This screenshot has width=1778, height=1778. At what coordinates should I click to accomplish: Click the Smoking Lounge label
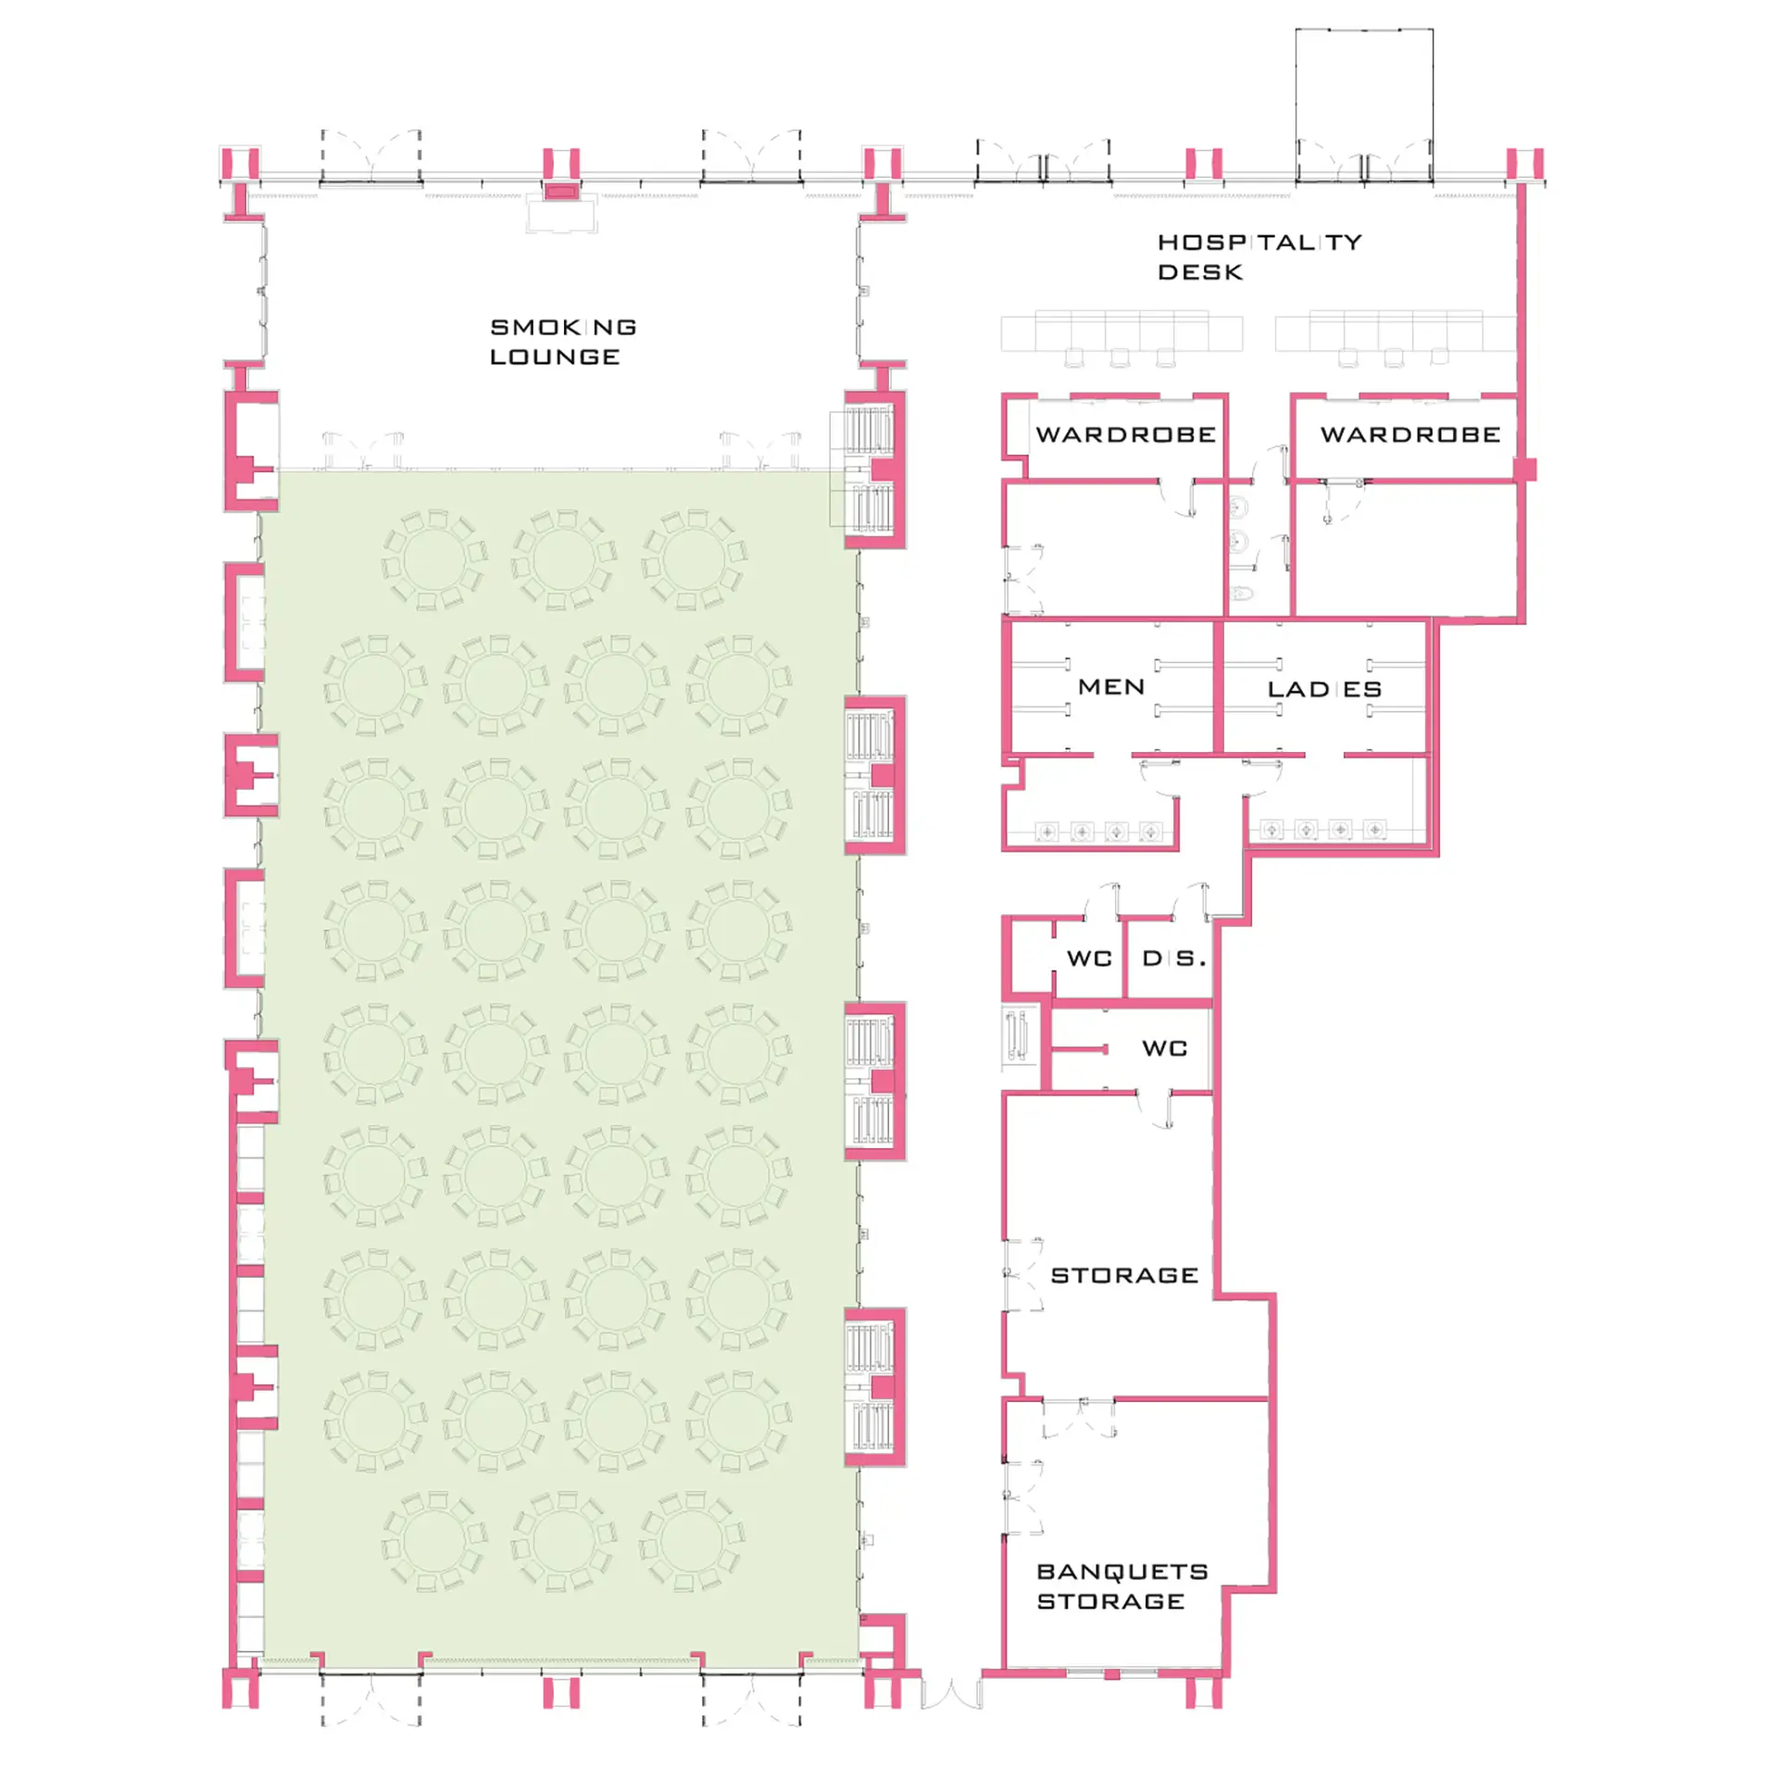pyautogui.click(x=563, y=342)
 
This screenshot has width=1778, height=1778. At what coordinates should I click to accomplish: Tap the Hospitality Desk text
pyautogui.click(x=1259, y=257)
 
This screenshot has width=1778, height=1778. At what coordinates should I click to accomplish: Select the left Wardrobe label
pyautogui.click(x=1125, y=434)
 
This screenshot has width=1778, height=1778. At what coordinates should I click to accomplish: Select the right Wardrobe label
pyautogui.click(x=1410, y=434)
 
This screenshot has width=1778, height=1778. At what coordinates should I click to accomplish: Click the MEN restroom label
pyautogui.click(x=1111, y=686)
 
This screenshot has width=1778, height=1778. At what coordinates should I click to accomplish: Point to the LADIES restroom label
pyautogui.click(x=1324, y=689)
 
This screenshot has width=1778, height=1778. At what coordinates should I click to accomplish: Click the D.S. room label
pyautogui.click(x=1174, y=958)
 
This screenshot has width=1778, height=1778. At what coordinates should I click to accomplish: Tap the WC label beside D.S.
pyautogui.click(x=1089, y=958)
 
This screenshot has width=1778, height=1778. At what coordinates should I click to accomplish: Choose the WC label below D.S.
pyautogui.click(x=1164, y=1048)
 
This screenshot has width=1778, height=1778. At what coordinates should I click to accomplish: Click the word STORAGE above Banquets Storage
pyautogui.click(x=1124, y=1275)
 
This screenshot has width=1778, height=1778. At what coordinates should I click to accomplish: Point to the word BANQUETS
pyautogui.click(x=1122, y=1571)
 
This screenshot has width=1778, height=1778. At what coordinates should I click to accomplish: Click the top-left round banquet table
pyautogui.click(x=433, y=559)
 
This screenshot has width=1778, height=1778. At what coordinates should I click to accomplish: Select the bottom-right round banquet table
pyautogui.click(x=691, y=1541)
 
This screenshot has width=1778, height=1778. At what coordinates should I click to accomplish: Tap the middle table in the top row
pyautogui.click(x=564, y=559)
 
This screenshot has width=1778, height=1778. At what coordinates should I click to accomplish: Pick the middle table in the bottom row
pyautogui.click(x=563, y=1541)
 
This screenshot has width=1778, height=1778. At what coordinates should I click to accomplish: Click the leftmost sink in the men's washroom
pyautogui.click(x=1046, y=832)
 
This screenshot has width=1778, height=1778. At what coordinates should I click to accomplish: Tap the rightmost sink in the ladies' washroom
pyautogui.click(x=1374, y=830)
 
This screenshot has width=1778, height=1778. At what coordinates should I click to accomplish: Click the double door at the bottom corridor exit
pyautogui.click(x=951, y=1693)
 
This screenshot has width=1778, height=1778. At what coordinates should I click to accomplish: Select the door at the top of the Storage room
pyautogui.click(x=1155, y=1108)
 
